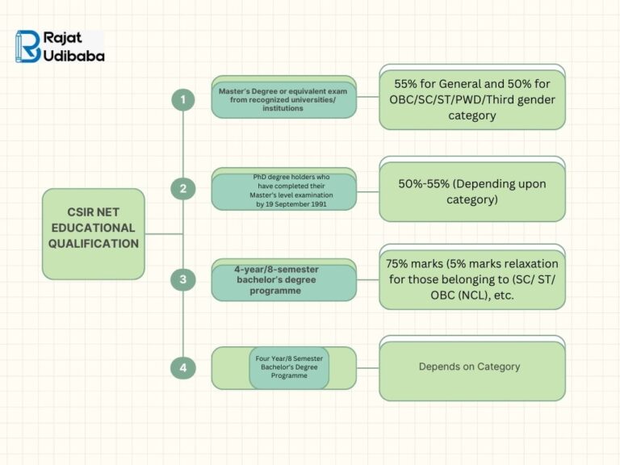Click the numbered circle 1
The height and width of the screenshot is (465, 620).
click(x=183, y=99)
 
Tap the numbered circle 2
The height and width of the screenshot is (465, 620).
click(x=183, y=189)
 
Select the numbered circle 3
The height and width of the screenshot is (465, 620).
click(x=183, y=280)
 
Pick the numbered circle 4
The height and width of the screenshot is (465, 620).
click(x=183, y=368)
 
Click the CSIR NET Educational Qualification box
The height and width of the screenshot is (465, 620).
click(x=94, y=233)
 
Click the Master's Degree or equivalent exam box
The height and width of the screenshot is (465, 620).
click(x=283, y=99)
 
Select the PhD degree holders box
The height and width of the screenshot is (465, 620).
click(x=283, y=191)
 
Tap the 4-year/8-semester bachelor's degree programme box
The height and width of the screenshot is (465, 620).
click(x=283, y=280)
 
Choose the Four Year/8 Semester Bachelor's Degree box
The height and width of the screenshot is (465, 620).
click(x=289, y=368)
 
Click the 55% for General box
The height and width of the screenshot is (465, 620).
click(x=472, y=99)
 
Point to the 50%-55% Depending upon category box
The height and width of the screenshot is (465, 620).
click(x=472, y=191)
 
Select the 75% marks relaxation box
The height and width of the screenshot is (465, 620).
click(x=472, y=280)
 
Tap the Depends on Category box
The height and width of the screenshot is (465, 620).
click(x=472, y=367)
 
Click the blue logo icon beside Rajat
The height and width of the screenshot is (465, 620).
click(x=28, y=46)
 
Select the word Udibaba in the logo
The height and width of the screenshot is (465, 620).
click(x=75, y=56)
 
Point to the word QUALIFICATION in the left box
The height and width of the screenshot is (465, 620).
click(x=94, y=243)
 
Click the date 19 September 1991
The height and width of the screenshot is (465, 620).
click(x=295, y=205)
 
